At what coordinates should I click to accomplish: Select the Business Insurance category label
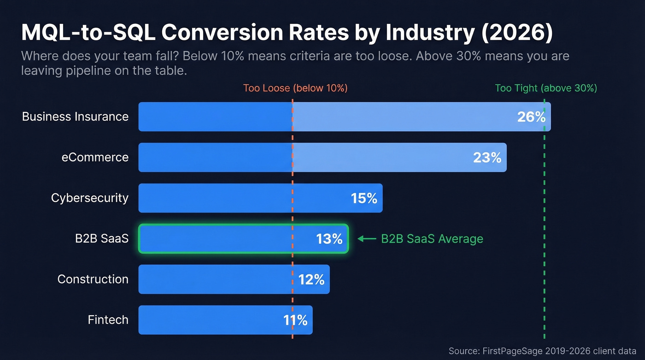tap(75, 117)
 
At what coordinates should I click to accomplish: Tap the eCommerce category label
tap(95, 157)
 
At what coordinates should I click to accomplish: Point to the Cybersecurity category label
tap(89, 198)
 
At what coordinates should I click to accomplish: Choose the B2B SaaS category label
tap(102, 239)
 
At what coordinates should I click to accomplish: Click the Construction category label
tap(93, 279)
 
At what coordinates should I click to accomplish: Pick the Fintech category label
tap(108, 320)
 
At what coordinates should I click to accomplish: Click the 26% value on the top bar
tap(531, 117)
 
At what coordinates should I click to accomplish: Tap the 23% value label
tap(487, 158)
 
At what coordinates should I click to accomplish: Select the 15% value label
tap(364, 198)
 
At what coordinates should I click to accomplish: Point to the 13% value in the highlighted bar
tap(329, 239)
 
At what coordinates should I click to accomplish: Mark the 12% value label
tap(311, 279)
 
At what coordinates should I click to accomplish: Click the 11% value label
tap(295, 320)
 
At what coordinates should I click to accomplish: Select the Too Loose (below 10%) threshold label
tap(295, 88)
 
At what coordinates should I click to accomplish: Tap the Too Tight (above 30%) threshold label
tap(545, 88)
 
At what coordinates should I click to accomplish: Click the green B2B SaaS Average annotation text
tap(432, 239)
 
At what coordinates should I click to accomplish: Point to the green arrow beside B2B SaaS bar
tap(367, 239)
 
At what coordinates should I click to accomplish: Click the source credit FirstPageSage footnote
tap(542, 351)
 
